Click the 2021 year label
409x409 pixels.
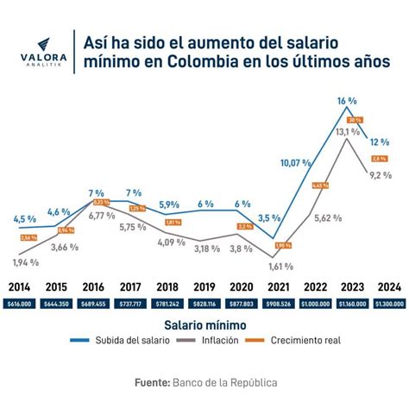279,286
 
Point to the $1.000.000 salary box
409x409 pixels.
314,304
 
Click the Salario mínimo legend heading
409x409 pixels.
205,325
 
